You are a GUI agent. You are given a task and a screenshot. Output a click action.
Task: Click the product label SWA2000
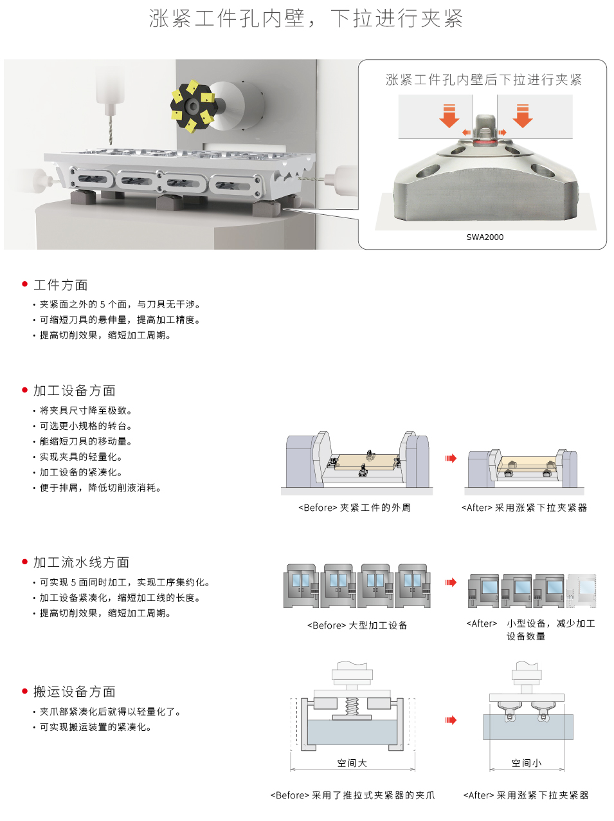485,237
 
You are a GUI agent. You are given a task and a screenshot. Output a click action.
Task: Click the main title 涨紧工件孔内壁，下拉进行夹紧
306,19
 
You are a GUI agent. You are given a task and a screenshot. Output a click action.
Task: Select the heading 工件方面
60,285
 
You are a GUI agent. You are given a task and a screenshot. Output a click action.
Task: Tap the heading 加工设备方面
75,391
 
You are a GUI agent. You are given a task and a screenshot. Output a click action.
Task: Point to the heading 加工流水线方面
81,562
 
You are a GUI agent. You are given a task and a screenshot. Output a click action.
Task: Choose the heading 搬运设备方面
75,692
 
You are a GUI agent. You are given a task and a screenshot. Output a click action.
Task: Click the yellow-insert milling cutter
192,106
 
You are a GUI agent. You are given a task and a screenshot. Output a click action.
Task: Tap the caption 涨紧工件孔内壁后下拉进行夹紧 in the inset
483,80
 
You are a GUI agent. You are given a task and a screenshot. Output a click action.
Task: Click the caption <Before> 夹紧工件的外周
354,508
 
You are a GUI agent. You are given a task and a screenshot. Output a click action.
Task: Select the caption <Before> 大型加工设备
357,625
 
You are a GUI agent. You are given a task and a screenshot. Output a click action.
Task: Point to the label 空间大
352,763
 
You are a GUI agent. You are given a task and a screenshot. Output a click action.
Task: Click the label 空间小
526,763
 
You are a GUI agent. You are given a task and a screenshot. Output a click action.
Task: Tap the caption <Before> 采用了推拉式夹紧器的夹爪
352,795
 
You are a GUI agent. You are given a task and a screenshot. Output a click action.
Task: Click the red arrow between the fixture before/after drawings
451,459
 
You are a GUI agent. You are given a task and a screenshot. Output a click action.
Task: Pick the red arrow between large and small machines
451,582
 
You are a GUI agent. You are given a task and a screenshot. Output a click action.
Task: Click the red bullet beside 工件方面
25,284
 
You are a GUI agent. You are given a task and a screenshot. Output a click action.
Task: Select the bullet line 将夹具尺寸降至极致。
86,410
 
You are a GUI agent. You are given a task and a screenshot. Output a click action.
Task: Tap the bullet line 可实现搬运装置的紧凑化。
95,727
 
